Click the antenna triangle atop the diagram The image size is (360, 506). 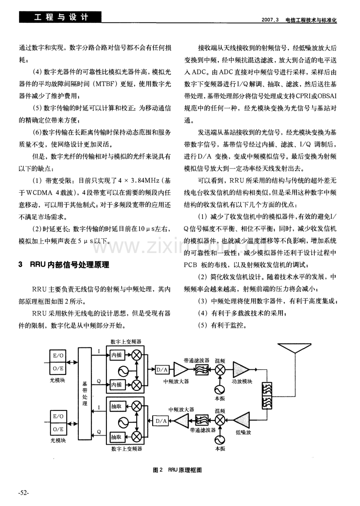pyautogui.click(x=294, y=348)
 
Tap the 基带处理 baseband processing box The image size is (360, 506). pyautogui.click(x=85, y=394)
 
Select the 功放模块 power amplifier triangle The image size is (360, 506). pyautogui.click(x=241, y=369)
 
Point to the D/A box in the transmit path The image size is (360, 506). pyautogui.click(x=162, y=370)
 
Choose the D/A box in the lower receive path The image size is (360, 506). pyautogui.click(x=161, y=421)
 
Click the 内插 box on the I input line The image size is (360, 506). pyautogui.click(x=117, y=355)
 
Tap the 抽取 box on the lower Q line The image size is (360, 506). pyautogui.click(x=117, y=437)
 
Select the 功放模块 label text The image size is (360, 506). pyautogui.click(x=242, y=381)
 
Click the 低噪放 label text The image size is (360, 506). pyautogui.click(x=243, y=433)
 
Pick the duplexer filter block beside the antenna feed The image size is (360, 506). pyautogui.click(x=267, y=396)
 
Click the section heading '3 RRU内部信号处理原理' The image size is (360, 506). pyautogui.click(x=64, y=264)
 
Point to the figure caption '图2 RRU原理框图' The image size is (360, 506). pyautogui.click(x=177, y=470)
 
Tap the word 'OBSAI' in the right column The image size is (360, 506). pyautogui.click(x=327, y=96)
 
